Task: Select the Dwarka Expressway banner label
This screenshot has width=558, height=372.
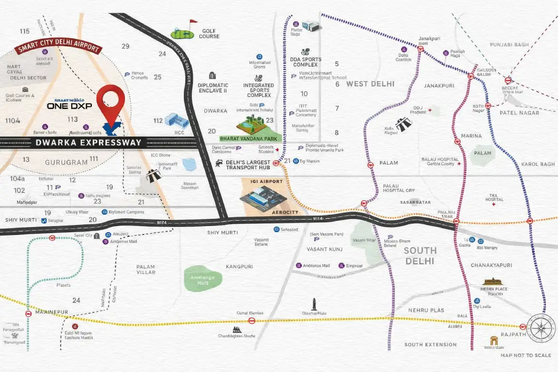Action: click(x=89, y=142)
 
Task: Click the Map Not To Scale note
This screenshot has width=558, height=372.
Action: click(x=525, y=355)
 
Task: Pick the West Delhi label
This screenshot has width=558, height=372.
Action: click(x=370, y=84)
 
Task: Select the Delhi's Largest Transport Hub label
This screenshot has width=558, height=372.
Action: click(x=248, y=166)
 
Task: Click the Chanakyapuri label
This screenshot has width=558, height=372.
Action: click(x=491, y=265)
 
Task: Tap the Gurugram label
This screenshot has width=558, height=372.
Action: click(x=66, y=162)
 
